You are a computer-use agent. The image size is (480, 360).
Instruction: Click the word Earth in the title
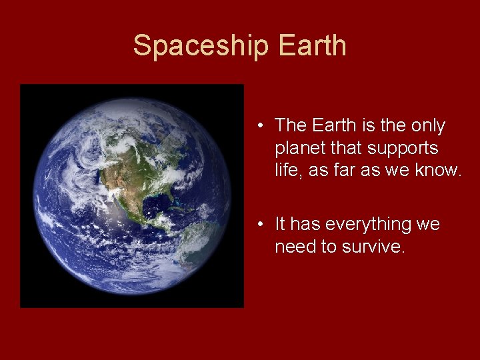(x=313, y=46)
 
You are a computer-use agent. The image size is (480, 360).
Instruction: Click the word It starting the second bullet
(x=281, y=225)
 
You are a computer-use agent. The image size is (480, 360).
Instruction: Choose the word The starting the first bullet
(x=289, y=126)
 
